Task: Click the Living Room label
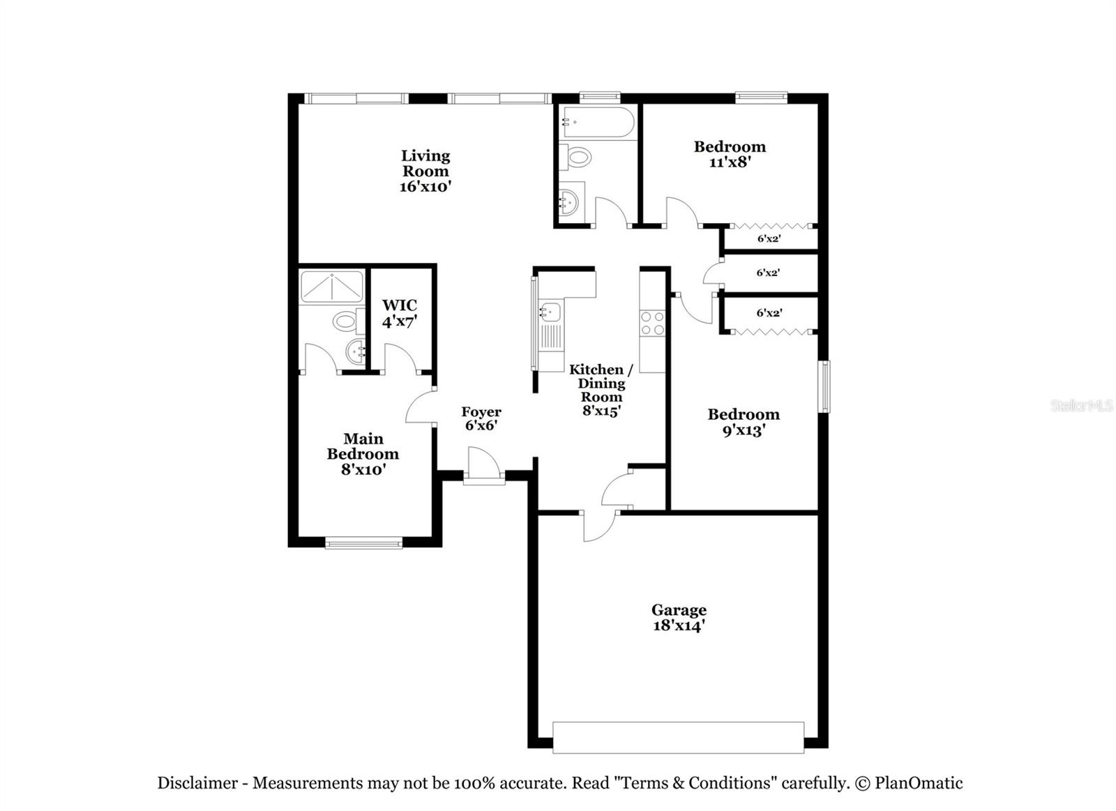(425, 171)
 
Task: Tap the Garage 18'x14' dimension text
(679, 626)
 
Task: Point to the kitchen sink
(549, 312)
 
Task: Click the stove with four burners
(653, 323)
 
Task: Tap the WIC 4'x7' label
(400, 313)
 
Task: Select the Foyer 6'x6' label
(481, 418)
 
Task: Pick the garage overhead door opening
(678, 737)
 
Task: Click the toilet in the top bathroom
(578, 157)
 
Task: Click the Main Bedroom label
(363, 453)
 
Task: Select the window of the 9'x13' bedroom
(824, 386)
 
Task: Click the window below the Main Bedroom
(363, 542)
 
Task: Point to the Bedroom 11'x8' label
(730, 154)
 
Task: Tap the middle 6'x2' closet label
(768, 273)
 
